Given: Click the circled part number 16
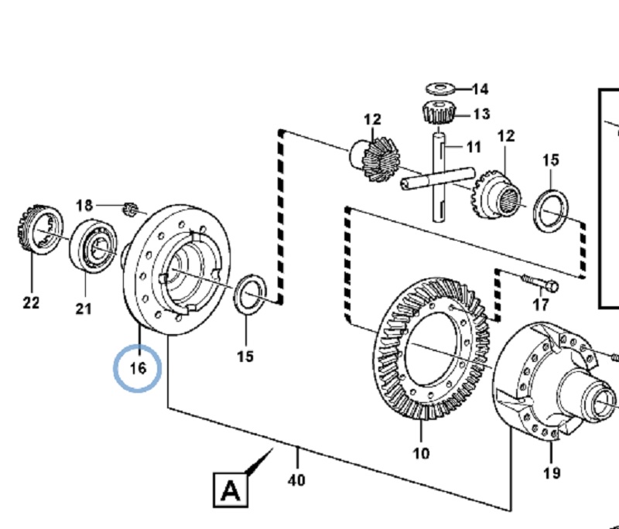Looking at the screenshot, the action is click(x=138, y=368).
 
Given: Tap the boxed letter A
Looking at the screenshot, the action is click(x=231, y=490).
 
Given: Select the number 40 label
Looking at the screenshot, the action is click(x=296, y=480).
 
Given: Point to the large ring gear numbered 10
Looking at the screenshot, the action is click(x=432, y=348).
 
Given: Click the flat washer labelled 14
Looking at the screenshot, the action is click(x=440, y=89).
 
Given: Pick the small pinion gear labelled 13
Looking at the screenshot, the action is click(x=439, y=112).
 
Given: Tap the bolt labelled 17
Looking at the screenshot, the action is click(x=540, y=282).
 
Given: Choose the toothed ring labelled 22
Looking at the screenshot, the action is click(x=40, y=230).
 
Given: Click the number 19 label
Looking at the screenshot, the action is click(x=552, y=473).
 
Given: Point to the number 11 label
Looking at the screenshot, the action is click(x=474, y=147).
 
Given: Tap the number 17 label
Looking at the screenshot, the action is click(x=540, y=305).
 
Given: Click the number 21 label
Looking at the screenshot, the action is click(x=84, y=309).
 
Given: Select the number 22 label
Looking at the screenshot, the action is click(x=31, y=303).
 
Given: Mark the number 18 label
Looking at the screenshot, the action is click(x=84, y=206).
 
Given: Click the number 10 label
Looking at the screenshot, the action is click(x=421, y=453).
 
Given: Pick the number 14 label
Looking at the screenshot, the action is click(x=480, y=89).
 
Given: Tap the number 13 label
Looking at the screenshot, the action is click(x=481, y=114).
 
